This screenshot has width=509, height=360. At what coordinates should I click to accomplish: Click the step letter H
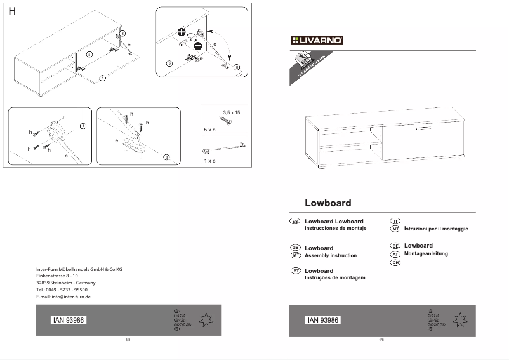tap(12, 12)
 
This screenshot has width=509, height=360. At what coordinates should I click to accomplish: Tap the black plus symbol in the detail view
tap(182, 32)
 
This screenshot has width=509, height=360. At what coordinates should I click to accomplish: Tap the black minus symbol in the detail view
tap(197, 45)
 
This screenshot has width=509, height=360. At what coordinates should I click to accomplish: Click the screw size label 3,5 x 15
tap(232, 112)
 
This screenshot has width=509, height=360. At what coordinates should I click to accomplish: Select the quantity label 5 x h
tap(209, 129)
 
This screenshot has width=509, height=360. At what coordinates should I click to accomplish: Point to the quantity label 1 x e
tap(209, 161)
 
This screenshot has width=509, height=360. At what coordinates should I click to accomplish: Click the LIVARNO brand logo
tap(317, 41)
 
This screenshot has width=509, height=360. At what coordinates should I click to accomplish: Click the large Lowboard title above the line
tap(327, 204)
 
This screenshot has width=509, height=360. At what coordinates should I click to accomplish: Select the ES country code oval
tap(294, 221)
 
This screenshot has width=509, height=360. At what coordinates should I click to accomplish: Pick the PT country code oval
tap(295, 270)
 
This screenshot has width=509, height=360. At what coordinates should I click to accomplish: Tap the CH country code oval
tap(395, 262)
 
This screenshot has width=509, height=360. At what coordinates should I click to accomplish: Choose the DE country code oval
tap(395, 246)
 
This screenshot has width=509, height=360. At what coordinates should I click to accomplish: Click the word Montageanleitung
tap(426, 253)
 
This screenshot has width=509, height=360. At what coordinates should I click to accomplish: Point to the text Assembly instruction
tap(331, 255)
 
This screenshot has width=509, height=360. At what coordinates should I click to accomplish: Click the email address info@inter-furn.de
tap(63, 297)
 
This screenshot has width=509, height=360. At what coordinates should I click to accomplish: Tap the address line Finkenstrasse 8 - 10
tap(57, 276)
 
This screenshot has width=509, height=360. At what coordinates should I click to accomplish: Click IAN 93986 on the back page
tap(67, 320)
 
